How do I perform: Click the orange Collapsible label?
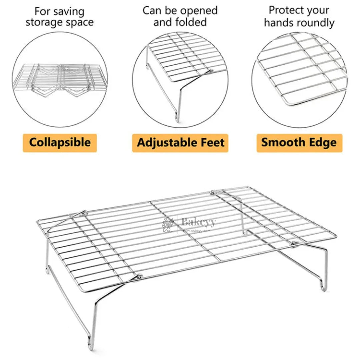click(60, 143)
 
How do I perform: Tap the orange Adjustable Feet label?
click(180, 143)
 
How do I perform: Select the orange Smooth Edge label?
click(299, 143)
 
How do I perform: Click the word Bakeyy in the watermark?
click(198, 222)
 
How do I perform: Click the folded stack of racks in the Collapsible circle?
click(60, 78)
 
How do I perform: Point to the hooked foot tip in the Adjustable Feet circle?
click(177, 118)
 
